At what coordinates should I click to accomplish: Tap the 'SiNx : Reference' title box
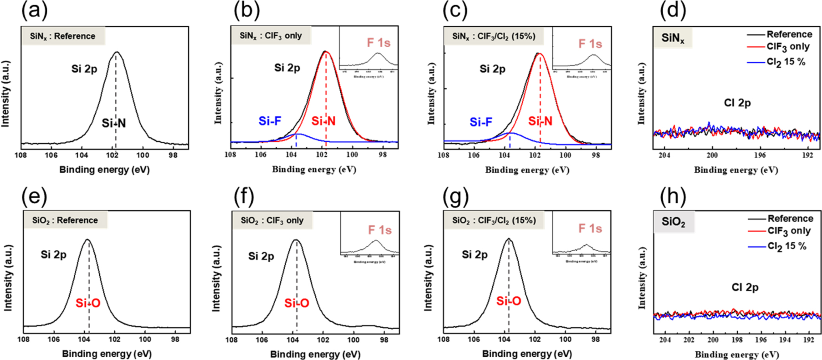pyautogui.click(x=63, y=36)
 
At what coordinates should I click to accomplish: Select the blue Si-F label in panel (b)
pyautogui.click(x=270, y=121)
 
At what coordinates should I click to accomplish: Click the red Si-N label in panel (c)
pyautogui.click(x=540, y=121)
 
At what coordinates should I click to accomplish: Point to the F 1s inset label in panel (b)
pyautogui.click(x=378, y=43)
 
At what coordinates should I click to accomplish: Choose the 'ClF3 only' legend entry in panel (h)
pyautogui.click(x=789, y=231)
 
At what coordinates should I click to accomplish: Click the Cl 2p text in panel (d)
pyautogui.click(x=737, y=103)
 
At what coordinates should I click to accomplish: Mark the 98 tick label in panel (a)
pyautogui.click(x=173, y=155)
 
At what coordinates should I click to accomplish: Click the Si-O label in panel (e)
pyautogui.click(x=88, y=304)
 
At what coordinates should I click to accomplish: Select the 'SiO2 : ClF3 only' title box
pyautogui.click(x=272, y=220)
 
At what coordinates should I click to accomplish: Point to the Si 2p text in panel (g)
pyautogui.click(x=475, y=254)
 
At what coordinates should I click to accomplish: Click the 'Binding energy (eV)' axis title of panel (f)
pyautogui.click(x=315, y=354)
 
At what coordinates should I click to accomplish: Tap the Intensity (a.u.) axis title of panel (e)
pyautogui.click(x=8, y=278)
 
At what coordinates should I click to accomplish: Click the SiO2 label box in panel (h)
pyautogui.click(x=673, y=221)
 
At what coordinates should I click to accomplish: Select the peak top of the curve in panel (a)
pyautogui.click(x=116, y=52)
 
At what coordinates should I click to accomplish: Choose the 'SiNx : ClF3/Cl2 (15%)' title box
pyautogui.click(x=494, y=37)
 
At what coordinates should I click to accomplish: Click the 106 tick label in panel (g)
pyautogui.click(x=474, y=339)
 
